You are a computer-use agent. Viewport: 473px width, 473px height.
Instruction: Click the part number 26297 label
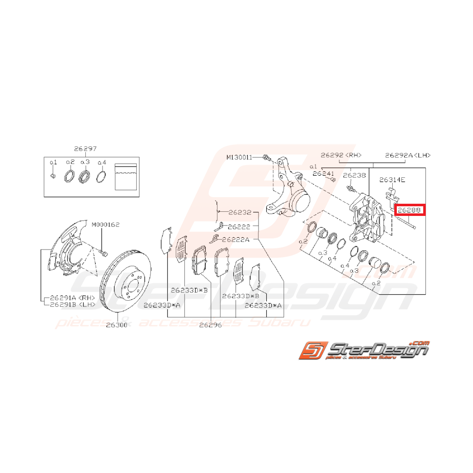pyautogui.click(x=85, y=148)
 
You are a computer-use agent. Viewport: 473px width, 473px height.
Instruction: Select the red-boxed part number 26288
pyautogui.click(x=409, y=209)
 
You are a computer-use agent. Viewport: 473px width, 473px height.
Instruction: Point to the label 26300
pyautogui.click(x=116, y=325)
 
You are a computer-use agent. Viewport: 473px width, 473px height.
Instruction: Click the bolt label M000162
pyautogui.click(x=106, y=224)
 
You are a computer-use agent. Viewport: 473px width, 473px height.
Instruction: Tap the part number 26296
pyautogui.click(x=210, y=325)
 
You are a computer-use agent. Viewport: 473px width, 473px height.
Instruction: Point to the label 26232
pyautogui.click(x=240, y=212)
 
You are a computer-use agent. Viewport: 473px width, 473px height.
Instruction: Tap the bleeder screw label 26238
pyautogui.click(x=354, y=175)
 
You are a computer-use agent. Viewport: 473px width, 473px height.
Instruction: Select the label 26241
pyautogui.click(x=324, y=173)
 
